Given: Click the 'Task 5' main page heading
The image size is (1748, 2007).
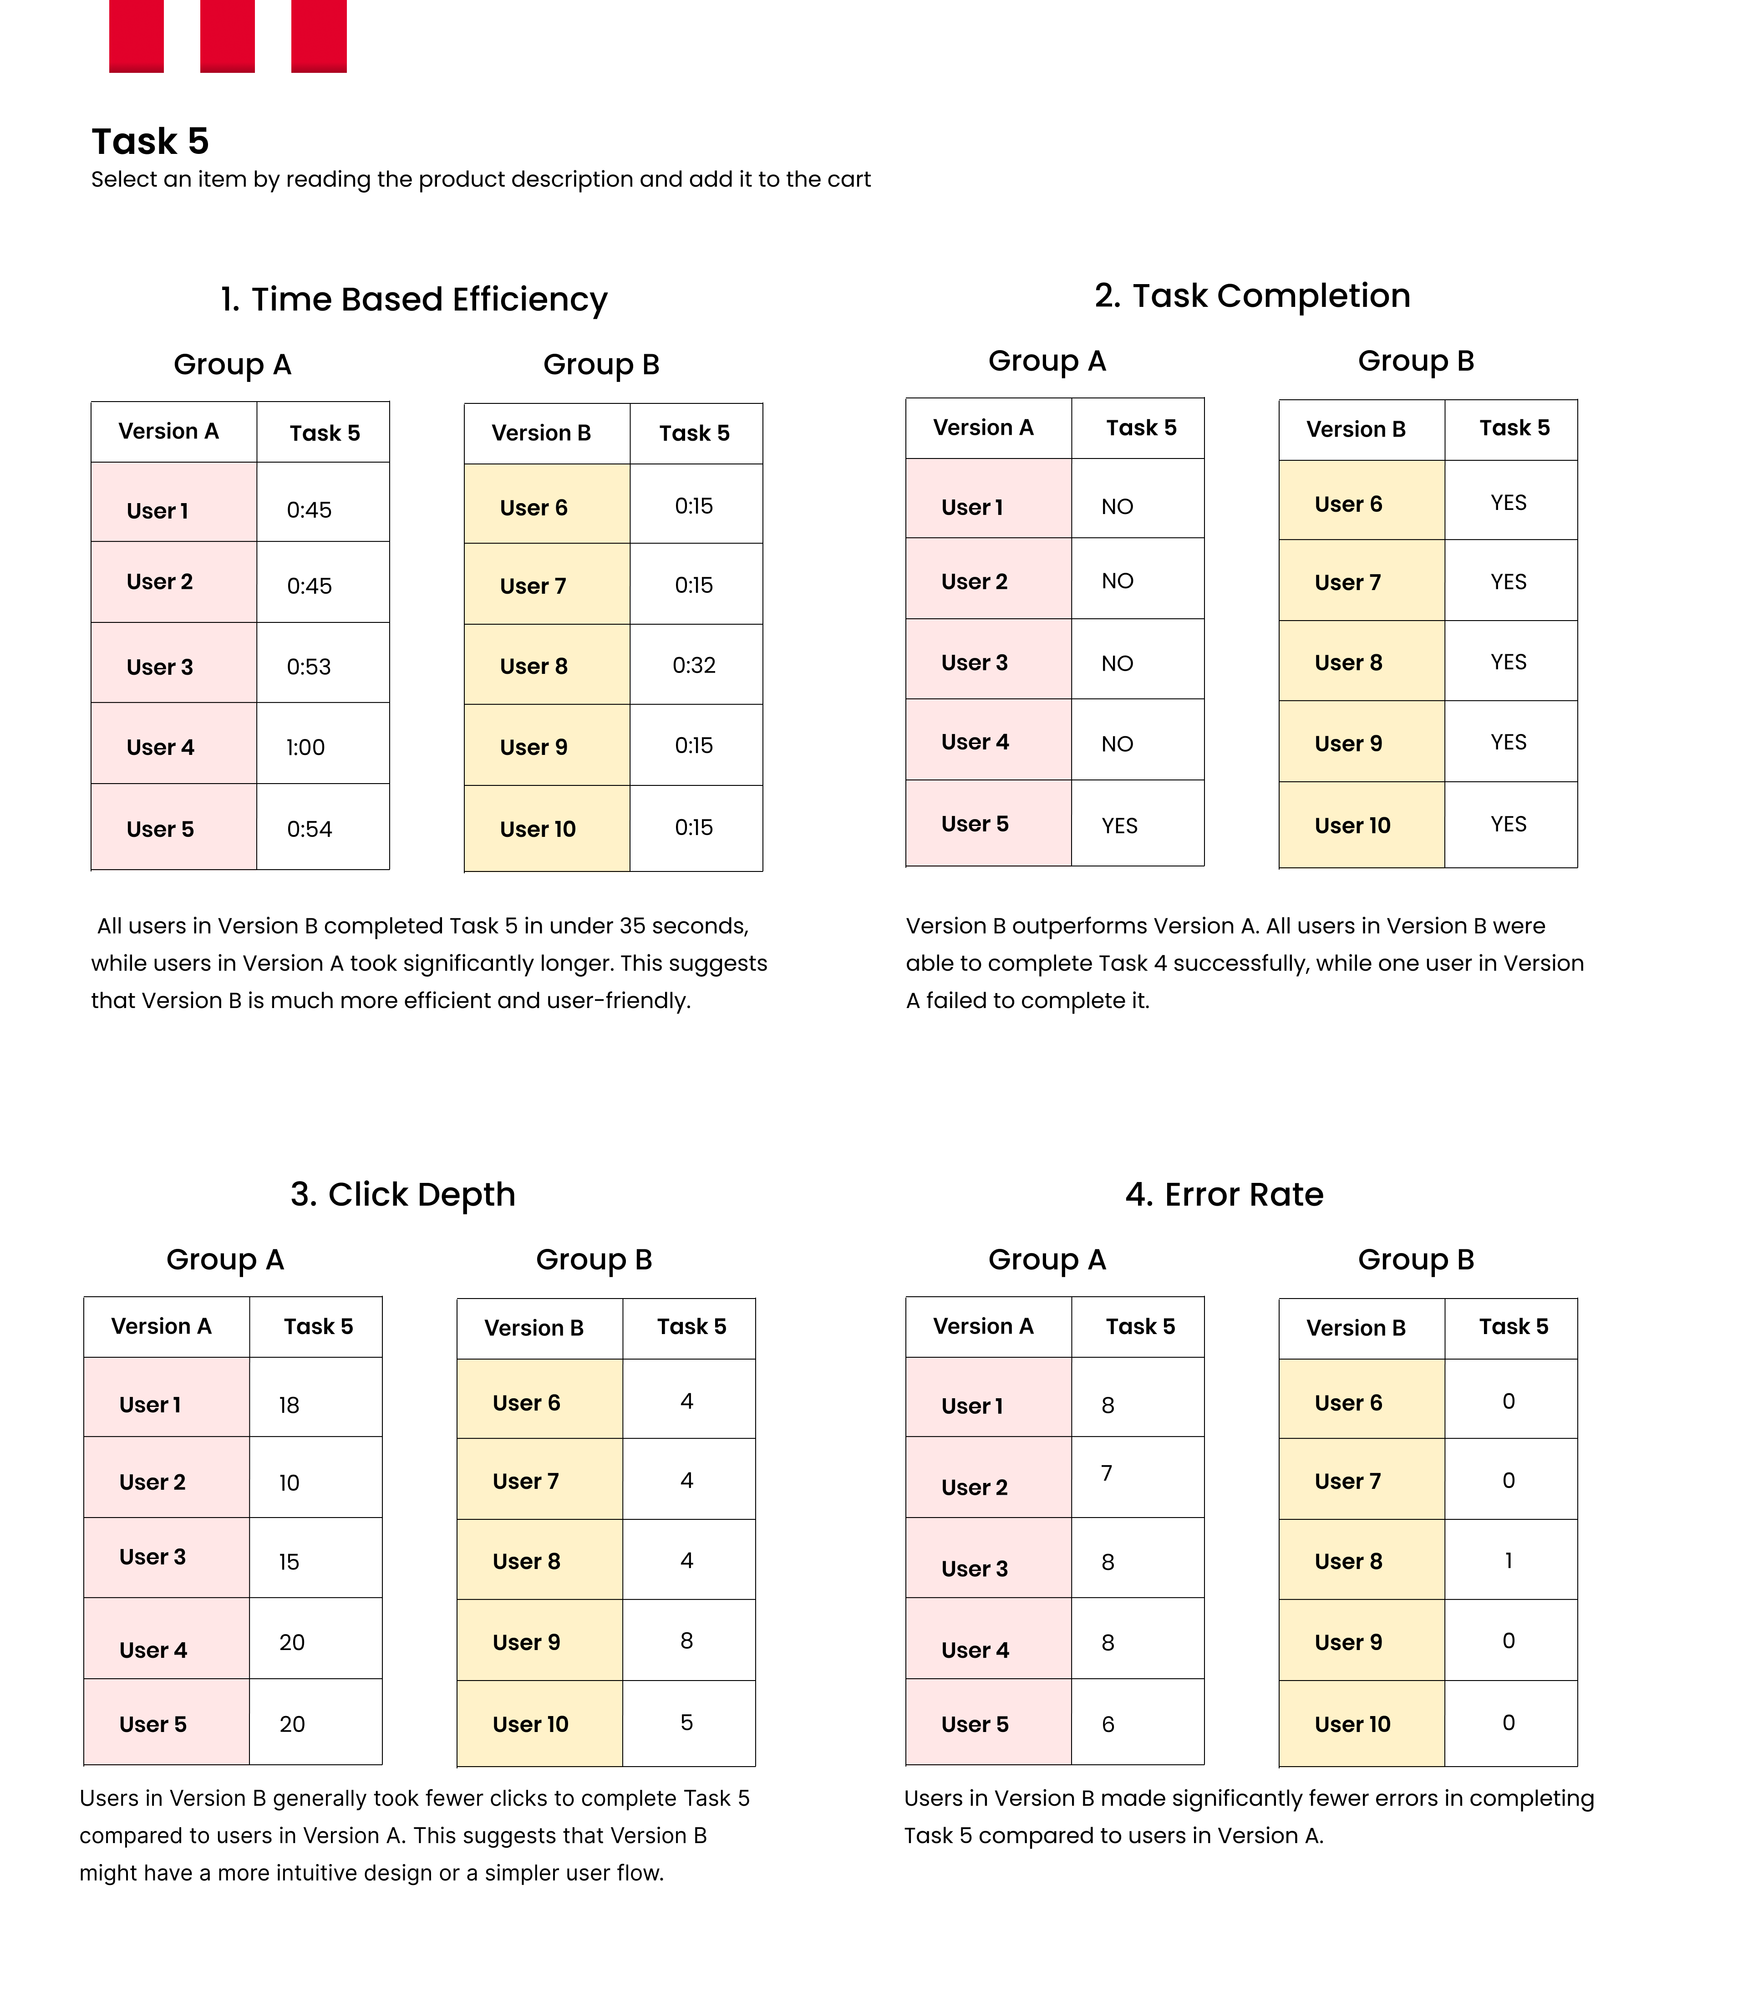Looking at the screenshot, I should pos(150,142).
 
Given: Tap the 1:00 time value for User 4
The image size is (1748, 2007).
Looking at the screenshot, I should pos(305,747).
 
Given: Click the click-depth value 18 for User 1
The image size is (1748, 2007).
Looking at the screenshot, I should pos(289,1405).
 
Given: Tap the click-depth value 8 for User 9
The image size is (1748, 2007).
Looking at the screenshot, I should pos(687,1641).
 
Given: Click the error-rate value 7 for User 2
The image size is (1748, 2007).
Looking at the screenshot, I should pos(1106,1473).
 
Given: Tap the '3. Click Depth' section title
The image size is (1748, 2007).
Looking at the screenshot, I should pos(403,1195).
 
